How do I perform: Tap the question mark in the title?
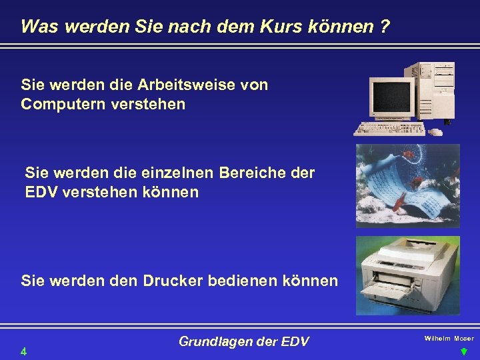(386, 27)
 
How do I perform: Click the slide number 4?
(23, 351)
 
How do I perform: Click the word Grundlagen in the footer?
(213, 342)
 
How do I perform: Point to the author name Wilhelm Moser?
(449, 339)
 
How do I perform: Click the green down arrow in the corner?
(464, 351)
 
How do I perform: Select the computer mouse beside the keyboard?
(436, 131)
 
